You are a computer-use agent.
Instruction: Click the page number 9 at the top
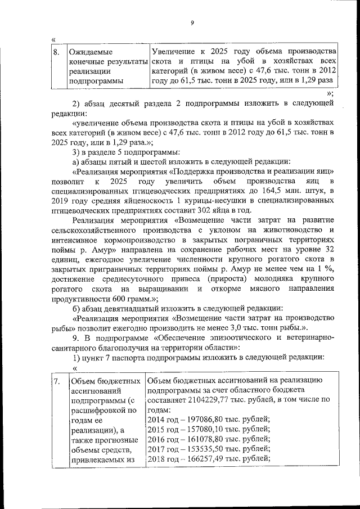pos(191,22)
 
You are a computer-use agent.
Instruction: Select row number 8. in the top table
pos(56,51)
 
